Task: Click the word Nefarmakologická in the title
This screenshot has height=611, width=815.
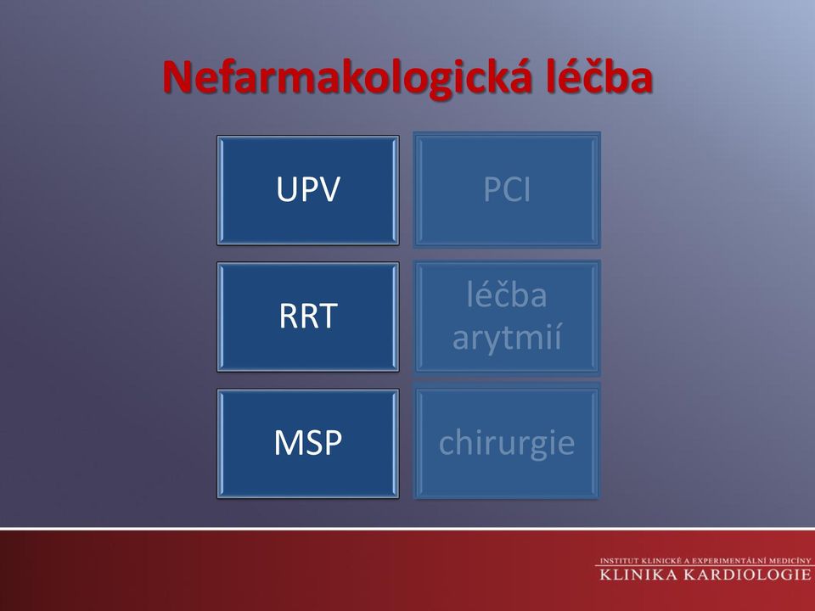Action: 348,78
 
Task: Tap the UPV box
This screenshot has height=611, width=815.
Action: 308,190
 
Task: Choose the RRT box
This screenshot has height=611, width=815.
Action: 308,317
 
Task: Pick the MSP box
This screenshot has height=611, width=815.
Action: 308,444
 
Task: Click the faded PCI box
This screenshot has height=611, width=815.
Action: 507,190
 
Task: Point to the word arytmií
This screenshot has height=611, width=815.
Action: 507,338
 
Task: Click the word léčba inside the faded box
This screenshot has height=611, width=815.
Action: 507,294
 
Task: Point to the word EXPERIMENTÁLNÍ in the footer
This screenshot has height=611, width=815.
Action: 737,561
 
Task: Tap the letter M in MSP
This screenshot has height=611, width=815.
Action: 289,443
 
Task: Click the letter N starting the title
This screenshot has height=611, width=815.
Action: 177,78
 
